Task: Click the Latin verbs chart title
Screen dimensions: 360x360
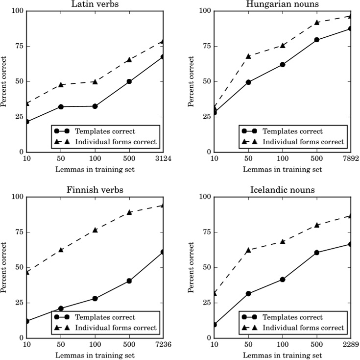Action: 95,4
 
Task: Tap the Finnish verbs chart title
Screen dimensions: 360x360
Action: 95,190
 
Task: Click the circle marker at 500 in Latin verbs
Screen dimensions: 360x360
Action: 129,81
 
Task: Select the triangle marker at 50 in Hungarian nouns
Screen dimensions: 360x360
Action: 248,56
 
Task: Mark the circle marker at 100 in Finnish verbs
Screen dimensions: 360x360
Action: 95,298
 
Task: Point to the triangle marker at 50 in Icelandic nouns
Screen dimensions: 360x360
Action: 248,250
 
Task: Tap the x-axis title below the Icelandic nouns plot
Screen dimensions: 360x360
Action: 282,355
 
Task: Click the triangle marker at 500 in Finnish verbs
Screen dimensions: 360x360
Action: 129,212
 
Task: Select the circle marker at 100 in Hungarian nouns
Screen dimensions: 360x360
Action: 283,64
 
